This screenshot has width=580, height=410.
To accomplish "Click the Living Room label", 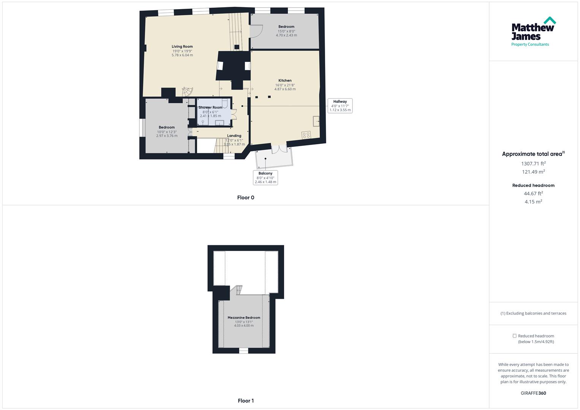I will pyautogui.click(x=182, y=47).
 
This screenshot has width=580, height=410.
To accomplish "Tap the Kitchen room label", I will pyautogui.click(x=285, y=80).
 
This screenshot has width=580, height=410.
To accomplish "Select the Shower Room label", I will pyautogui.click(x=210, y=107).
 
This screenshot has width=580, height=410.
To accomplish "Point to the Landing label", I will pyautogui.click(x=234, y=136).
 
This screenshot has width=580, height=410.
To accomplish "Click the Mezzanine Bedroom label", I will pyautogui.click(x=244, y=317).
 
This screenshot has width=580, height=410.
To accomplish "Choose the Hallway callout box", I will pyautogui.click(x=340, y=106).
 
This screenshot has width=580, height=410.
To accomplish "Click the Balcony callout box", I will pyautogui.click(x=266, y=177).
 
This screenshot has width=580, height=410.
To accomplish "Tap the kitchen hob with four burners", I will pyautogui.click(x=306, y=135).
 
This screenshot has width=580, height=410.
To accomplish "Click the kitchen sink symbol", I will pyautogui.click(x=316, y=121).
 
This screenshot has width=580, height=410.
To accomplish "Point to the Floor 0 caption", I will pyautogui.click(x=245, y=197).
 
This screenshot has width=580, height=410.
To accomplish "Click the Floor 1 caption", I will pyautogui.click(x=245, y=401).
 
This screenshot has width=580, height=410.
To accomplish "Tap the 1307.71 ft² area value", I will pyautogui.click(x=533, y=164).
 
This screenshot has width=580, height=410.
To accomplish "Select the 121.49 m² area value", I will pyautogui.click(x=533, y=172).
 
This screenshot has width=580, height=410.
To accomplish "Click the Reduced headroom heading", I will pyautogui.click(x=533, y=185).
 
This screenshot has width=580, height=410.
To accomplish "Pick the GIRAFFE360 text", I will pyautogui.click(x=533, y=393).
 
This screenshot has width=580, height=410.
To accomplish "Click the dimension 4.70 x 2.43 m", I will pyautogui.click(x=286, y=35).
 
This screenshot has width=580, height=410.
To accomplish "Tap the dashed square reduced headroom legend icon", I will pyautogui.click(x=514, y=336).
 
